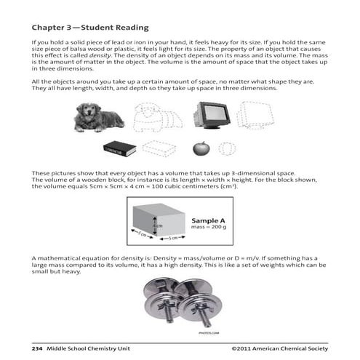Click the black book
(119, 148)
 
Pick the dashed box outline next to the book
(159, 148)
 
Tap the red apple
(200, 148)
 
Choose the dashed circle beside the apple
(228, 148)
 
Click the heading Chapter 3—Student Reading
(90, 28)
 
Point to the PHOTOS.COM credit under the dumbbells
(188, 332)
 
